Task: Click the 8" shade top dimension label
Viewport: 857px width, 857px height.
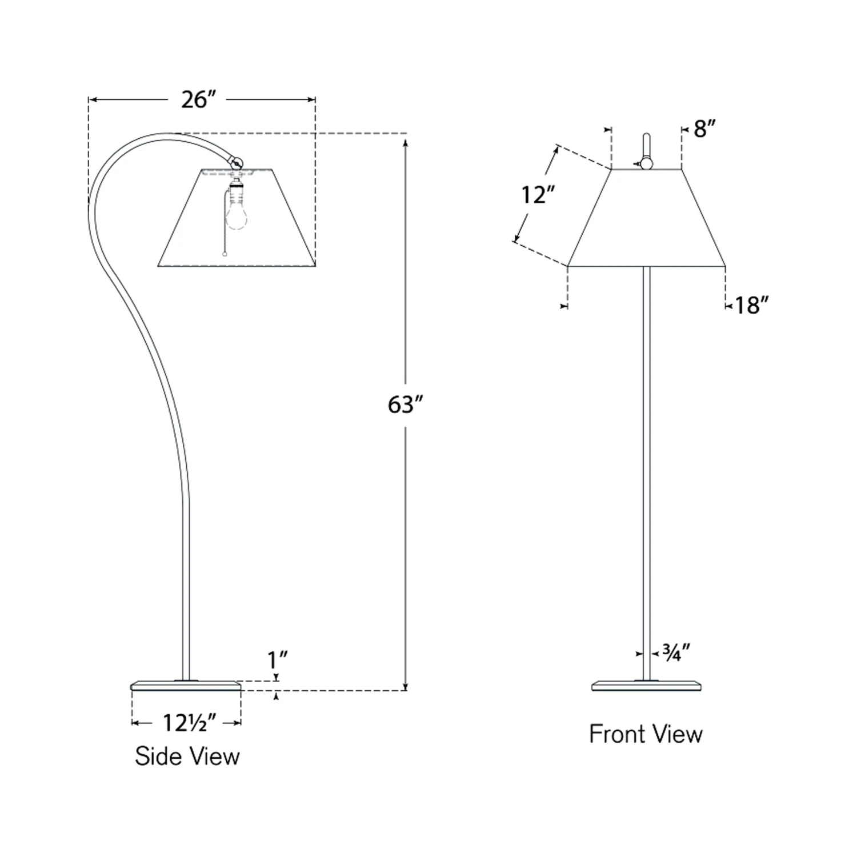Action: [704, 129]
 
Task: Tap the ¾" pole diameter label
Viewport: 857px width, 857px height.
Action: [676, 652]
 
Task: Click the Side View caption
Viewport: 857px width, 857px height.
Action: [187, 756]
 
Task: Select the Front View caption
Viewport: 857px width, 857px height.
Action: [646, 734]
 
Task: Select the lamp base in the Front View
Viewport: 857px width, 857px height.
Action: [646, 685]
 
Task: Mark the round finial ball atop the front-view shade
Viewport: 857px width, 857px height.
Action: [647, 163]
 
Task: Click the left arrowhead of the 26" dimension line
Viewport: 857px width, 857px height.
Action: [93, 100]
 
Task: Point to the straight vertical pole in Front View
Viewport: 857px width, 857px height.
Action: [646, 457]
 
